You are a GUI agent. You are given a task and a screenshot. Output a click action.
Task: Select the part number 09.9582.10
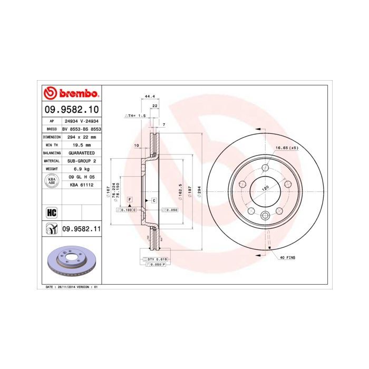pos(71,109)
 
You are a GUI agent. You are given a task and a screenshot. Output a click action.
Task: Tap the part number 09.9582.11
pos(81,228)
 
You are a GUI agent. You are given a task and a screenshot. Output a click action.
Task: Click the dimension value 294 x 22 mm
pos(81,136)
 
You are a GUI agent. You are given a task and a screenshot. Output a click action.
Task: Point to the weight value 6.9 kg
pos(81,169)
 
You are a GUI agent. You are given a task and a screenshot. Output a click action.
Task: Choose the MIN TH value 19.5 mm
pos(81,144)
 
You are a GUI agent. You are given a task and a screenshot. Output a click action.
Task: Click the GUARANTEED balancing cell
pos(81,152)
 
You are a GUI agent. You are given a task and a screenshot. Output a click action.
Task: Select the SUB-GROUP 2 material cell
pos(81,160)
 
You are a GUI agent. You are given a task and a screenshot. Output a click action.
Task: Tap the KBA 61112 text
pos(81,184)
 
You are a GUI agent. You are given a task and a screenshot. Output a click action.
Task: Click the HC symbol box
pos(52,212)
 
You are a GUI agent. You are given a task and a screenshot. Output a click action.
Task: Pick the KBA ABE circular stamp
pos(52,181)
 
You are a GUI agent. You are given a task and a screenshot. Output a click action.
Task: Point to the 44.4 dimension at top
pos(149,96)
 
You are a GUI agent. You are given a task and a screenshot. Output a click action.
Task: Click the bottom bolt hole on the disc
pos(266,215)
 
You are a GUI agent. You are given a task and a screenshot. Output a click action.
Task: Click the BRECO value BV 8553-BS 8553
pos(81,128)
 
